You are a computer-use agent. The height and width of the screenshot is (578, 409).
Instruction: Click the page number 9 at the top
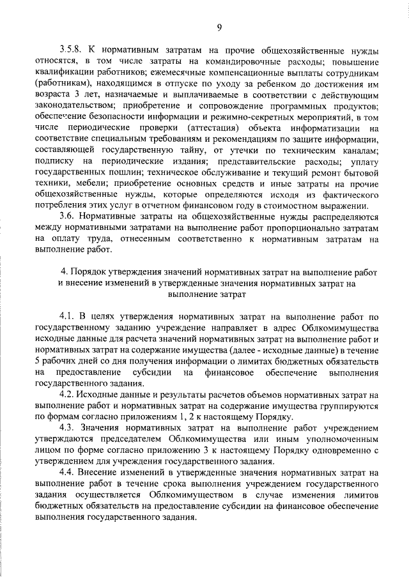tap(218, 26)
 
